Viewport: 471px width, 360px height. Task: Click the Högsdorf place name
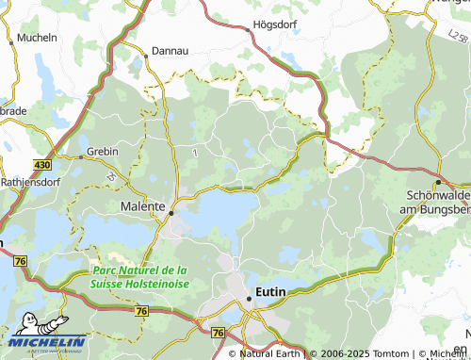(275, 26)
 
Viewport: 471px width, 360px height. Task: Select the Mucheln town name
(36, 39)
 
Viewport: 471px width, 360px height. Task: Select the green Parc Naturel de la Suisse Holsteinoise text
(139, 276)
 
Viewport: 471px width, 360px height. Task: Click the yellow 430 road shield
(41, 165)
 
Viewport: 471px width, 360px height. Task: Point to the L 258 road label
(458, 37)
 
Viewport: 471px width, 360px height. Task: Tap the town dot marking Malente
(171, 213)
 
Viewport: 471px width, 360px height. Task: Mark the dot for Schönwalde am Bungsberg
(438, 181)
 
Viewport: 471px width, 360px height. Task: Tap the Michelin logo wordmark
(46, 342)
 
